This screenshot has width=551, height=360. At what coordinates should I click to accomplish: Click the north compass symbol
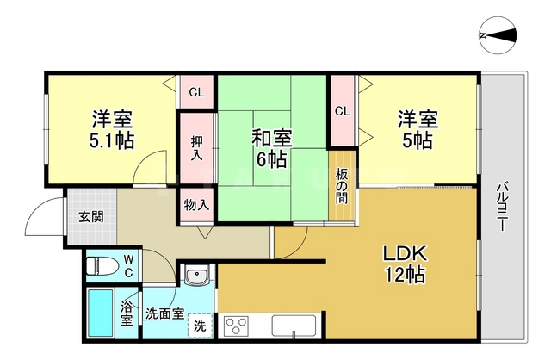498,35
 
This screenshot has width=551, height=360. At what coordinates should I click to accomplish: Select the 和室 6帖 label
269,147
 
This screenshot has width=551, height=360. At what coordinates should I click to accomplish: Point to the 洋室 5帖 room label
416,129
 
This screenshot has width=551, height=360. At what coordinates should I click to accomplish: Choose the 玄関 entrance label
90,216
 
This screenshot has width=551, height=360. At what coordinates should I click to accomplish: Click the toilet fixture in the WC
101,265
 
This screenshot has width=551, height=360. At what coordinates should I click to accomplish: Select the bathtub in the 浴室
101,313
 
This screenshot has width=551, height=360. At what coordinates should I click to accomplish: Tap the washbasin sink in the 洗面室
197,278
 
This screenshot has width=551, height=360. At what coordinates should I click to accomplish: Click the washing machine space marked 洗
199,326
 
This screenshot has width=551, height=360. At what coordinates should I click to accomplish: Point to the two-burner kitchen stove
237,326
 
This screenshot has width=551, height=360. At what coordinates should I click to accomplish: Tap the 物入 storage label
196,205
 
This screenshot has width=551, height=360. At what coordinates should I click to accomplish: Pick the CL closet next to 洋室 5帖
342,110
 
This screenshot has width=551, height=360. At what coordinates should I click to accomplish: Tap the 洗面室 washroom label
164,313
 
